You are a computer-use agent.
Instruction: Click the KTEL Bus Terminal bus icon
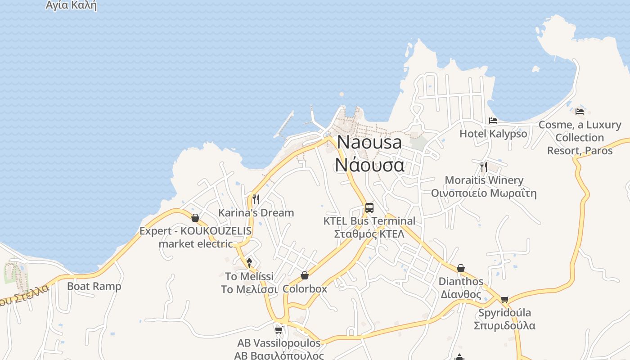[x=369, y=207]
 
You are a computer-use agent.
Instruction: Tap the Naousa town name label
[x=369, y=142]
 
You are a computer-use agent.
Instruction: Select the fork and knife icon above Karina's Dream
[x=256, y=199]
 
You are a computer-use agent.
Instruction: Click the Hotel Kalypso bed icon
[x=493, y=121]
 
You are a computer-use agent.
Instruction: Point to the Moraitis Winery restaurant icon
[x=484, y=167]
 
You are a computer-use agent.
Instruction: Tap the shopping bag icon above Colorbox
[x=305, y=275]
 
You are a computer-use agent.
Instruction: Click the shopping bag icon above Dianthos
[x=461, y=268]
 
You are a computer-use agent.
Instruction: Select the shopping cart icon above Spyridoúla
[x=505, y=299]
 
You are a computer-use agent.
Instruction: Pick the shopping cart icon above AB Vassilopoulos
[x=279, y=330]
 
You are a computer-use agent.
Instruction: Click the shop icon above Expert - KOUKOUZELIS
[x=195, y=218]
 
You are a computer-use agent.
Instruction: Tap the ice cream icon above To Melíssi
[x=249, y=263]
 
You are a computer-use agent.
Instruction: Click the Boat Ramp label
[x=94, y=286]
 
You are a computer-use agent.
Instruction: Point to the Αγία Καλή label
[x=71, y=5]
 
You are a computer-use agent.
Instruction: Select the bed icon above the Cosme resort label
[x=580, y=111]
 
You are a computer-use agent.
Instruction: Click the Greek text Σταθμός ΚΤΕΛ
[x=369, y=234]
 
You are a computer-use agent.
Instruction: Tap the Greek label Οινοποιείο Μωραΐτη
[x=484, y=193]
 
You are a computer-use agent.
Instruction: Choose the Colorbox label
[x=305, y=288]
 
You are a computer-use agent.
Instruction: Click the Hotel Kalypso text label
[x=493, y=134]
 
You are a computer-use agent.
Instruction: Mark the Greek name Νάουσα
[x=369, y=165]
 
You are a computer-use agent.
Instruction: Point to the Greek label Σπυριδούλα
[x=504, y=325]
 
